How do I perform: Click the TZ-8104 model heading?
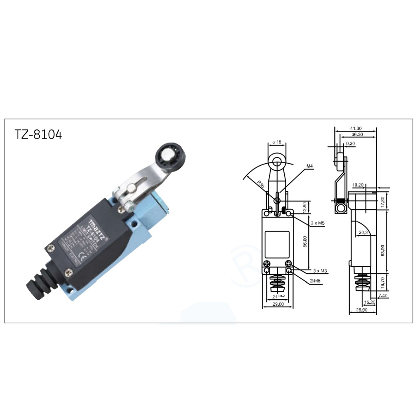38,135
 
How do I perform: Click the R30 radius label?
260,184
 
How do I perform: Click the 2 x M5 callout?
318,223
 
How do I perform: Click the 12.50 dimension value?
305,207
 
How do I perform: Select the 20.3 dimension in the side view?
363,233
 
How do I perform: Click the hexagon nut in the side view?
340,208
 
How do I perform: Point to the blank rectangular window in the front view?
277,245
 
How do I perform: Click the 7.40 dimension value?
383,295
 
